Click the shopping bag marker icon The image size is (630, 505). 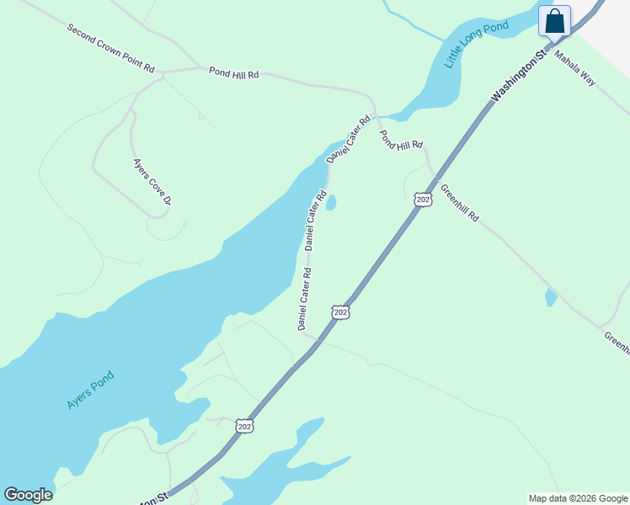pyautogui.click(x=555, y=21)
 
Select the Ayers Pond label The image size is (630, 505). pyautogui.click(x=89, y=391)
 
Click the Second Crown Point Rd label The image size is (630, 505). pyautogui.click(x=111, y=47)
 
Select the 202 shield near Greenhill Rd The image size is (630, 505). pyautogui.click(x=423, y=199)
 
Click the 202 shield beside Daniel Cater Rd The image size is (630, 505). pyautogui.click(x=339, y=312)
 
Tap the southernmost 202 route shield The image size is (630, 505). pyautogui.click(x=243, y=426)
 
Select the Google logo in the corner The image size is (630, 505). pyautogui.click(x=28, y=495)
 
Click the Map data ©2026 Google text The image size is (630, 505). pyautogui.click(x=579, y=498)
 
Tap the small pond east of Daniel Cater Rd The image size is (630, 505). pyautogui.click(x=331, y=203)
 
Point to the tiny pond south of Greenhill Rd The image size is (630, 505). pyautogui.click(x=550, y=296)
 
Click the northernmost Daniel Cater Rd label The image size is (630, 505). pyautogui.click(x=349, y=139)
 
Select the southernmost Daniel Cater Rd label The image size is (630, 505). pyautogui.click(x=304, y=298)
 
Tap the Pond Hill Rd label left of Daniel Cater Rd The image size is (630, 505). pyautogui.click(x=234, y=73)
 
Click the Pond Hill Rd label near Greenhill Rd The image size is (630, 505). pyautogui.click(x=400, y=140)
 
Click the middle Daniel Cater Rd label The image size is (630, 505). pyautogui.click(x=315, y=221)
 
